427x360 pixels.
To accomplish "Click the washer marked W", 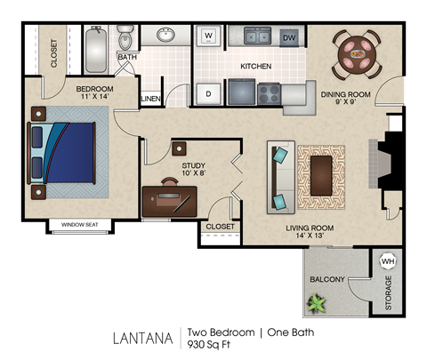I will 208,36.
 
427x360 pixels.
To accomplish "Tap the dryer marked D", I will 208,92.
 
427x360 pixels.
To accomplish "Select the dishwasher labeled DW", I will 289,37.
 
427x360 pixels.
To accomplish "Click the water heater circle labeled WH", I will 388,261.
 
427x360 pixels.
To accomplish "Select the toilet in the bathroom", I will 126,39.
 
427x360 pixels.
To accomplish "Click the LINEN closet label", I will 150,98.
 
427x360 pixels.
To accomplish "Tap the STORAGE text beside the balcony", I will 388,293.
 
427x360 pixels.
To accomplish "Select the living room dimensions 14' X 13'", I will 309,238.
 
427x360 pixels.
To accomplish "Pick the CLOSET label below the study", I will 220,227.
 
